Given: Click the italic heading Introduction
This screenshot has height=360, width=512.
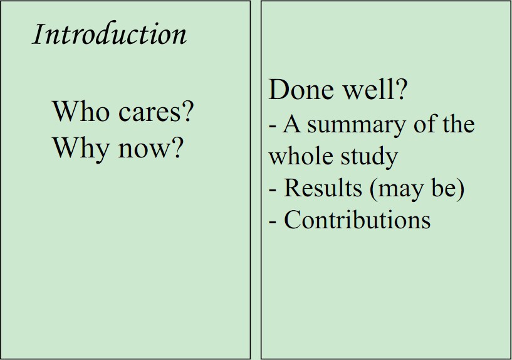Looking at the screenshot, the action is pos(110,33).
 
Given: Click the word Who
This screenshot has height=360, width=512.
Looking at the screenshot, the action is pos(81,111).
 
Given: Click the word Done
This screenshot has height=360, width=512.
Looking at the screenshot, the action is pos(301,90).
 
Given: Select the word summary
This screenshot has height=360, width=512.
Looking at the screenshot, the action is pos(357,126).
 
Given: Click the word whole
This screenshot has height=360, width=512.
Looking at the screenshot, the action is pos(301,156).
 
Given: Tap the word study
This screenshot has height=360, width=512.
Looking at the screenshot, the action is pos(369,157).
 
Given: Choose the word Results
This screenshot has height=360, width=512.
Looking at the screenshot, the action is pos(323,188).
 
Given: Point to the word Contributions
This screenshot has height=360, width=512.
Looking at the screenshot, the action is pos(357,220).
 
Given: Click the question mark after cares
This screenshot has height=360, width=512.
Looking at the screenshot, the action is pos(187,112).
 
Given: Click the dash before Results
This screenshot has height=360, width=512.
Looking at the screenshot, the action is pos(273,191).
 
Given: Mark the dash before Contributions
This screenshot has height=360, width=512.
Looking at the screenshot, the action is pos(273,222).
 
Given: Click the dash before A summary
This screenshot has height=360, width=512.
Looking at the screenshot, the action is pos(273,127).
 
